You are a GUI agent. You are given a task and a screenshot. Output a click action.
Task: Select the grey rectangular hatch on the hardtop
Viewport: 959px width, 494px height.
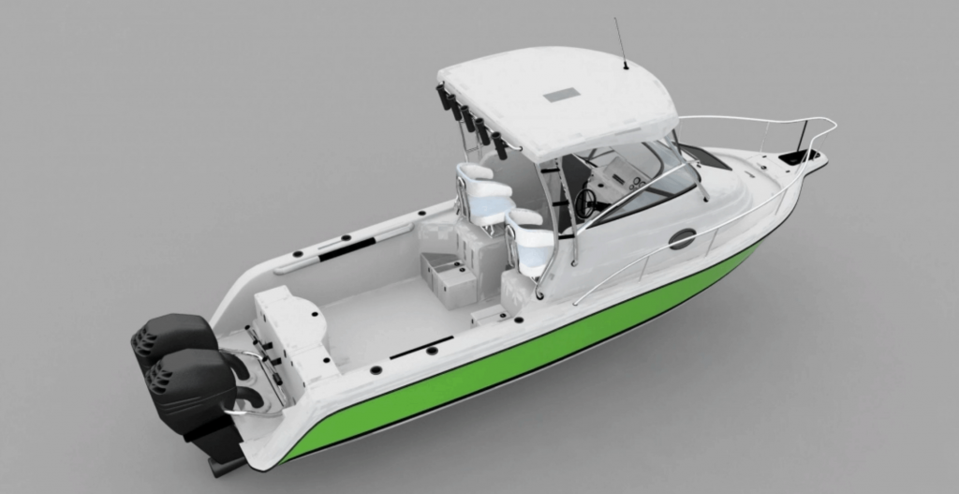click(x=562, y=95)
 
